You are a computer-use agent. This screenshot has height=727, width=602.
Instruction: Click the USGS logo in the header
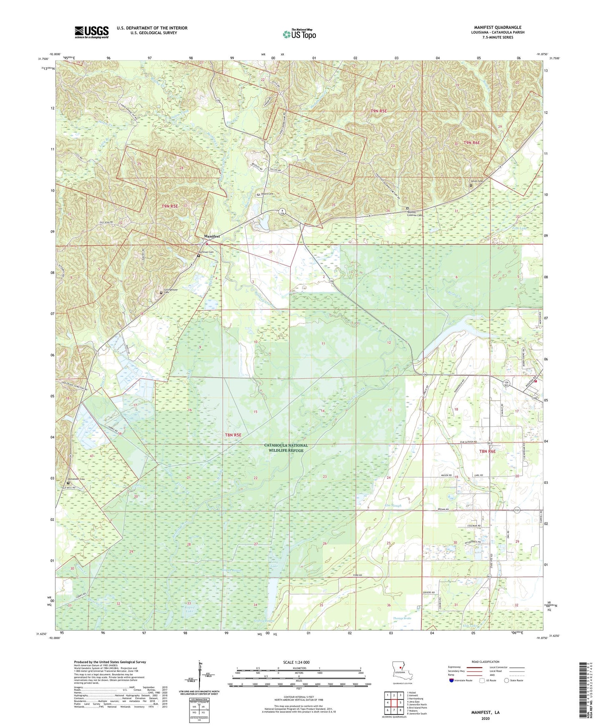92,32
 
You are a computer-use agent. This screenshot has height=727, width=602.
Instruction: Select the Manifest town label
212,237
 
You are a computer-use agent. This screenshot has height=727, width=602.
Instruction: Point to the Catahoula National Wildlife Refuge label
286,448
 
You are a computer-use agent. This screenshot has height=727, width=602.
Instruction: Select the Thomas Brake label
402,618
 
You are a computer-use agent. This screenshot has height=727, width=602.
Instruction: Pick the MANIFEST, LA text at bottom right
485,712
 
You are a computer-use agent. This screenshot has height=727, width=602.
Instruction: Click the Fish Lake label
520,228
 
